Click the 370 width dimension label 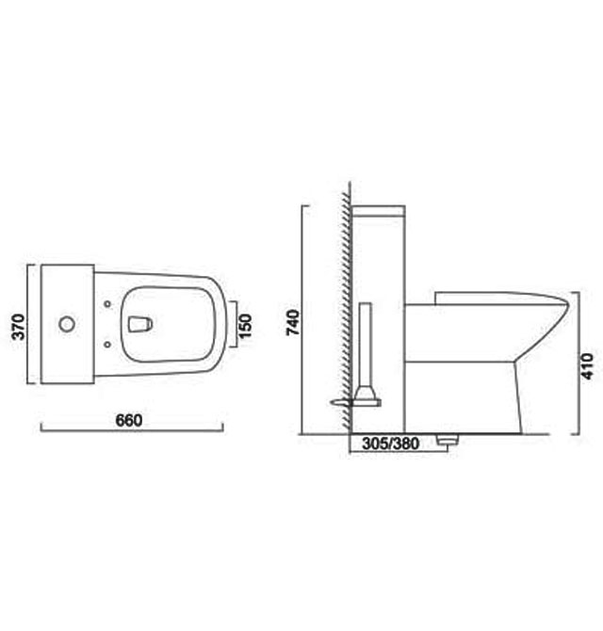coord(16,325)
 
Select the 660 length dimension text coord(129,420)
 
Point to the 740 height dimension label coord(292,322)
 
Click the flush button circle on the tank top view coord(66,325)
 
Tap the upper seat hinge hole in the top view coord(110,304)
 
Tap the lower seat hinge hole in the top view coord(110,346)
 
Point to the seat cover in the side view coord(499,297)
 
